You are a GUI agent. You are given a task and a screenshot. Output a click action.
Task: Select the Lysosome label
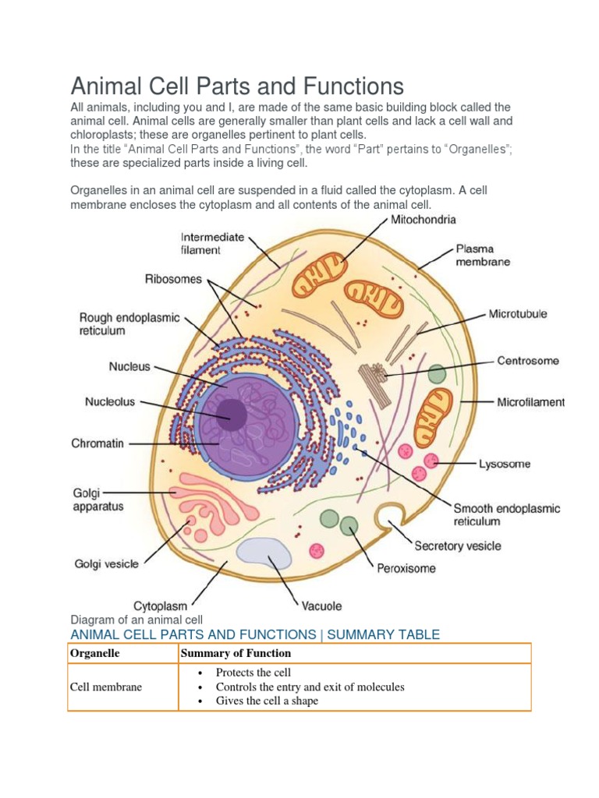504,464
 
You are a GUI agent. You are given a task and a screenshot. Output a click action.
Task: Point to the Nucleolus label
109,402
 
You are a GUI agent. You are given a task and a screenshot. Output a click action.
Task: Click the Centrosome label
528,361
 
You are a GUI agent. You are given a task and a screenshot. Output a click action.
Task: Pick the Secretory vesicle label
457,546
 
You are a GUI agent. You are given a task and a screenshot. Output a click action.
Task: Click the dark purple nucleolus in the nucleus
232,414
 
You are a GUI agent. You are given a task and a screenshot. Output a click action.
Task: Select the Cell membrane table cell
106,687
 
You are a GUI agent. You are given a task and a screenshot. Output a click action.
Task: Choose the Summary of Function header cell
237,653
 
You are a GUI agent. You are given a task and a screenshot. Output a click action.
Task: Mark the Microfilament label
530,402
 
